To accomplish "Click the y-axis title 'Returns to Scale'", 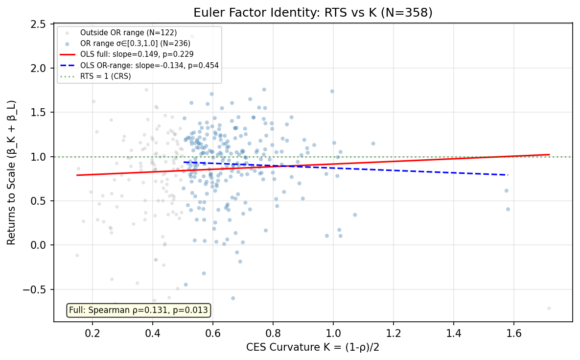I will pos(11,172).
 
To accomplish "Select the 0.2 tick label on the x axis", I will pos(92,333).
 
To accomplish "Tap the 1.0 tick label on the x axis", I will pos(333,333).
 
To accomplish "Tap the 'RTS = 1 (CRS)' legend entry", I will pos(105,76).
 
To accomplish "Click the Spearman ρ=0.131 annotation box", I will pos(138,310).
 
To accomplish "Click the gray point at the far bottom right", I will pos(549,308).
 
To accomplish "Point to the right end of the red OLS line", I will pos(549,155).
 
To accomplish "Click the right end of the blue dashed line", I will pos(508,175).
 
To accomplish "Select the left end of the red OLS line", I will pos(77,175).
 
